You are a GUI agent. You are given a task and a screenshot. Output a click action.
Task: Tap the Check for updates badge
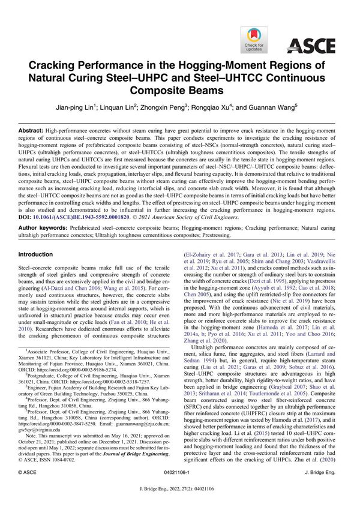(254, 40)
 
